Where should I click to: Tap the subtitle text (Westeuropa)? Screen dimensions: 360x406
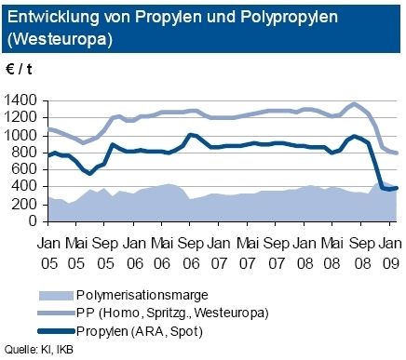[54, 41]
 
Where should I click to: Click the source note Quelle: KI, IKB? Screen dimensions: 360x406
[39, 351]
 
